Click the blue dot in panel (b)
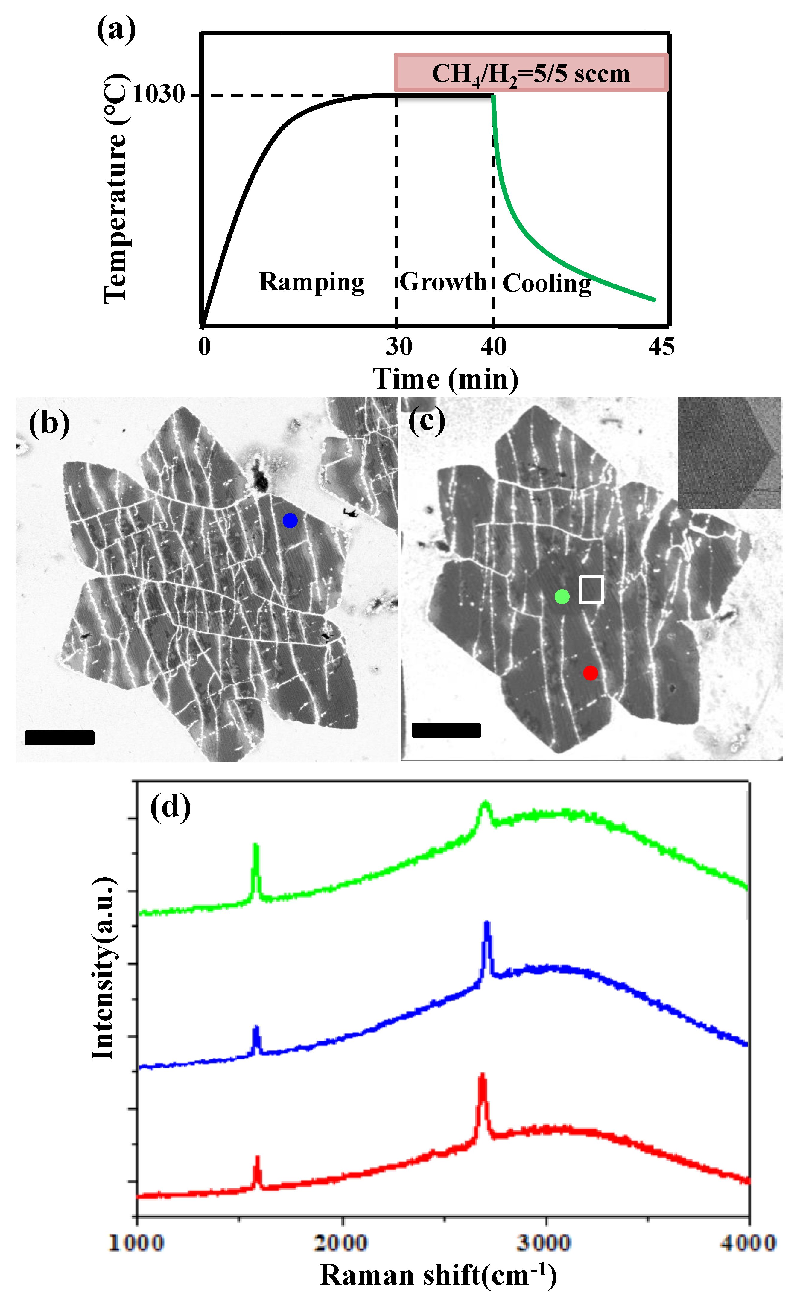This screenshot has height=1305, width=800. point(290,521)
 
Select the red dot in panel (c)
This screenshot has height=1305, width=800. point(591,673)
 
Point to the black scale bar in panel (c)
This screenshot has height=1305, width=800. point(446,730)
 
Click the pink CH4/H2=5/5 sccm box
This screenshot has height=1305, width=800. point(531,73)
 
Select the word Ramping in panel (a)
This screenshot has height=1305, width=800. point(311,282)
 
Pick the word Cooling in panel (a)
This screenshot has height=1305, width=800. point(547,283)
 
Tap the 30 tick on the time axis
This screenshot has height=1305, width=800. point(399,347)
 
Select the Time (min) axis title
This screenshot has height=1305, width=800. point(445,379)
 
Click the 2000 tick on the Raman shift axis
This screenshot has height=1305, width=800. point(341,1242)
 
